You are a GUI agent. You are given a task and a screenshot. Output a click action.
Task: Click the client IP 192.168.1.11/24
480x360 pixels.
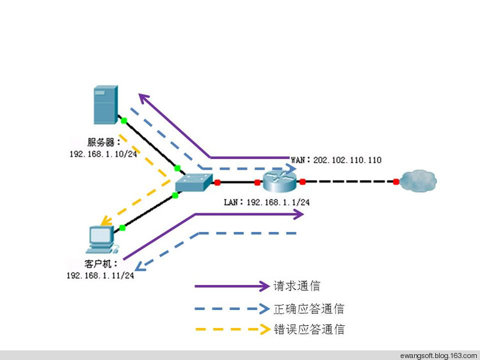tap(100, 275)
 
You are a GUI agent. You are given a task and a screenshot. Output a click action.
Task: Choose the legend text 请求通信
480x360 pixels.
tap(297, 286)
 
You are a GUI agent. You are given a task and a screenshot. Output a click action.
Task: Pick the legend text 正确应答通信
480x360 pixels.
tap(309, 309)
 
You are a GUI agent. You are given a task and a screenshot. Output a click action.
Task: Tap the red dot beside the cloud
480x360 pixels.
tap(396, 182)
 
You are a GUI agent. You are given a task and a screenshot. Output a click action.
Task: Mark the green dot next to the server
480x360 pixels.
tap(125, 120)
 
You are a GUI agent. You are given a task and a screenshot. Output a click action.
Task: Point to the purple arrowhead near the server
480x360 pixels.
tap(145, 100)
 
